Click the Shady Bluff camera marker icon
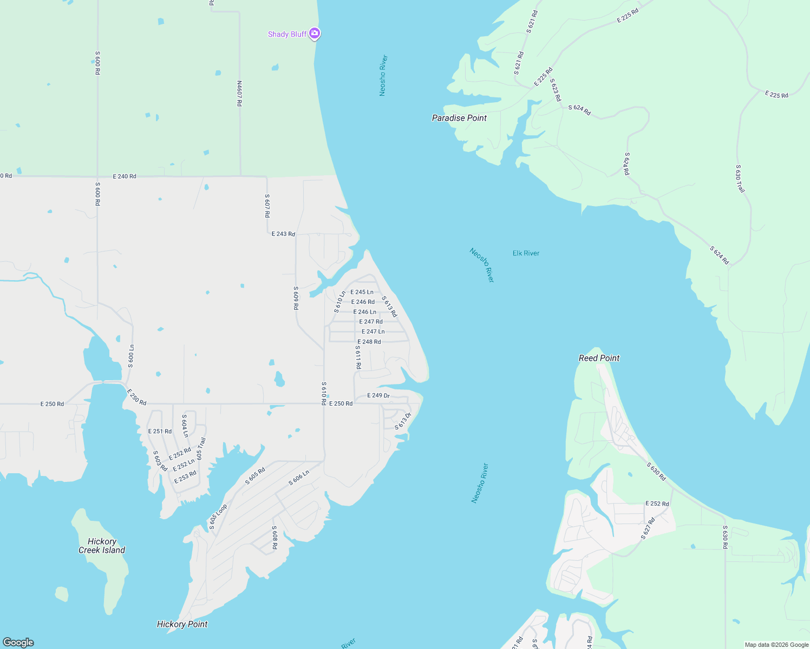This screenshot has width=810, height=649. (315, 34)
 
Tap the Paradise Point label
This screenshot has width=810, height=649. (459, 118)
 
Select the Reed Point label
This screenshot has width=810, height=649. (599, 358)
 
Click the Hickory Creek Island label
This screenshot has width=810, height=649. (102, 546)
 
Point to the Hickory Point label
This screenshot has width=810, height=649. (182, 624)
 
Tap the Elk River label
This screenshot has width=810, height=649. (526, 253)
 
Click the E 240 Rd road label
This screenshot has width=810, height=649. (125, 176)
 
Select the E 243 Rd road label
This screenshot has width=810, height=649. (283, 234)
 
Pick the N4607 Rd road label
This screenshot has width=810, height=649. (239, 93)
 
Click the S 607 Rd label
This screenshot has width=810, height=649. (267, 206)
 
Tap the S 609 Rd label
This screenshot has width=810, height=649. (296, 298)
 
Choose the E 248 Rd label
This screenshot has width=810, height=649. (369, 342)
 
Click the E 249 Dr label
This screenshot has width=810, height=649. (378, 395)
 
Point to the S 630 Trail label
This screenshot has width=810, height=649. (740, 178)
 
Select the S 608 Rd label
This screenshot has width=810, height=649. (275, 537)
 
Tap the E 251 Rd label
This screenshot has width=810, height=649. (160, 431)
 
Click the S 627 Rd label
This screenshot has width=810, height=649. (648, 528)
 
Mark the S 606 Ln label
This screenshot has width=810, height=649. (299, 478)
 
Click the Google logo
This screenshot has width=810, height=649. (18, 643)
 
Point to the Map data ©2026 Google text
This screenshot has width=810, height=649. (776, 645)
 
